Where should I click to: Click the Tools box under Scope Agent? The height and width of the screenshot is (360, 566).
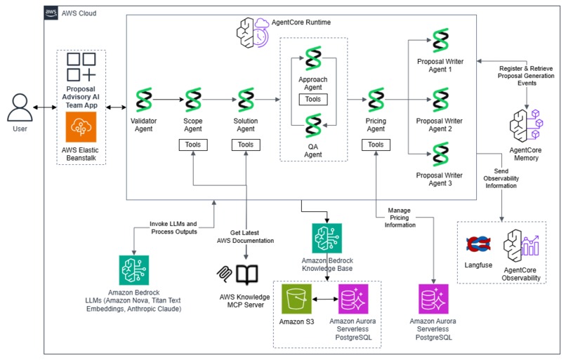(x=193, y=145)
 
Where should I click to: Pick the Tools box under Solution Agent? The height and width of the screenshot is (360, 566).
(x=246, y=145)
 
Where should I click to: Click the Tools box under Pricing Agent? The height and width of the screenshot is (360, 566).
(x=376, y=145)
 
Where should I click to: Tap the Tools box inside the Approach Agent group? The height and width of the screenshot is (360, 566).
(x=313, y=100)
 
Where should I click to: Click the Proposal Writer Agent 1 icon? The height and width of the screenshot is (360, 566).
(x=440, y=41)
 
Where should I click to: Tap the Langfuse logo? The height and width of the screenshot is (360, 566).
(x=478, y=245)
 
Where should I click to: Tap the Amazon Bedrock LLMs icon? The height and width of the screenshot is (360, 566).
(x=133, y=270)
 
